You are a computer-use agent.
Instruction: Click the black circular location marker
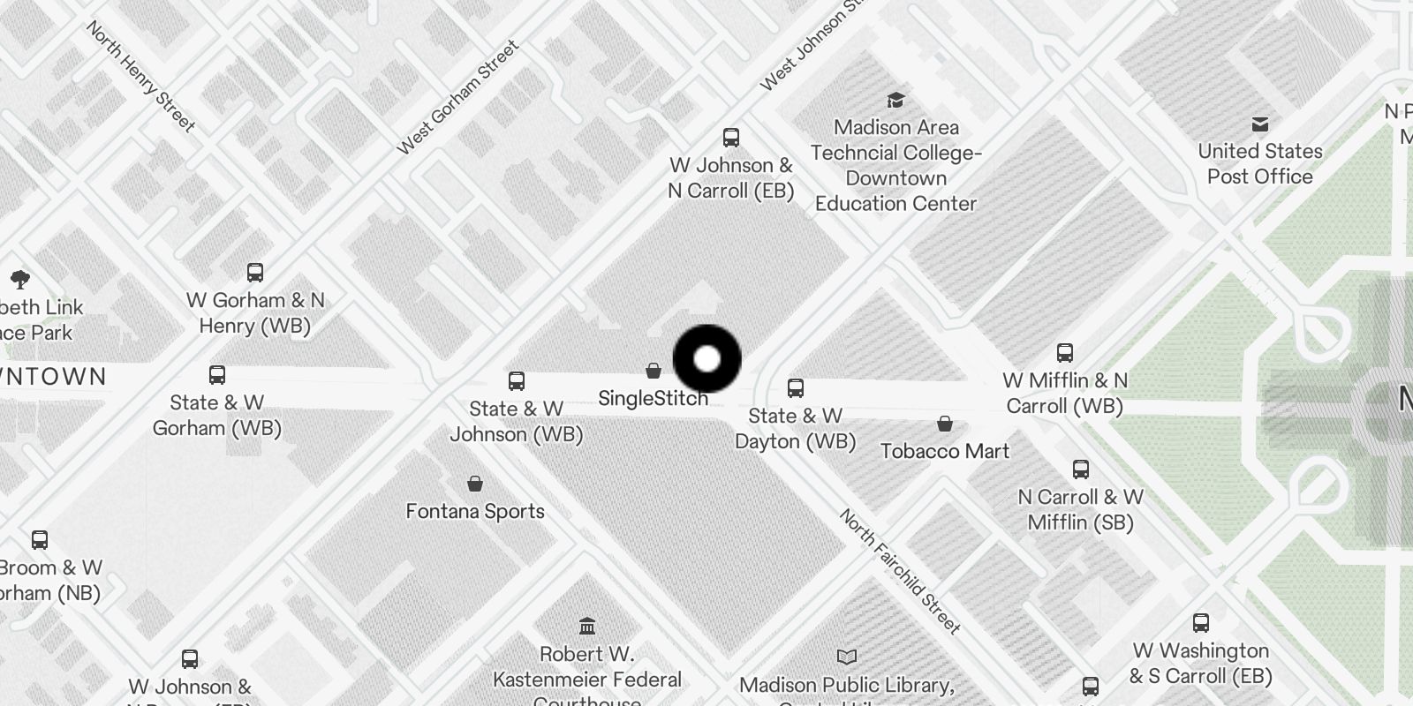[706, 359]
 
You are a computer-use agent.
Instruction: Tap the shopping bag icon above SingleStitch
[654, 371]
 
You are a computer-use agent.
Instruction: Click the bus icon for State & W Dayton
[796, 388]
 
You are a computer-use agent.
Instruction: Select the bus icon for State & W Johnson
[517, 381]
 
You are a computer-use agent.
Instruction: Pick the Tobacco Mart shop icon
[945, 424]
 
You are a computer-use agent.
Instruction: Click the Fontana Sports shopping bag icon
[475, 484]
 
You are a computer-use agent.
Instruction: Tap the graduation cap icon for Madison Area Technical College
[895, 100]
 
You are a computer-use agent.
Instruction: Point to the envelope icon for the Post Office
[1260, 124]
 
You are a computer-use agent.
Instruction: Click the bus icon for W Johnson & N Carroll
[731, 138]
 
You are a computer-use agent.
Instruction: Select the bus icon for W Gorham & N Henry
[255, 272]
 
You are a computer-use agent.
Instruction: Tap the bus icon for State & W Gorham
[217, 375]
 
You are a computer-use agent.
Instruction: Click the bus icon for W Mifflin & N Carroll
[1065, 353]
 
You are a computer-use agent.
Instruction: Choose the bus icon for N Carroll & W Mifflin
[1081, 469]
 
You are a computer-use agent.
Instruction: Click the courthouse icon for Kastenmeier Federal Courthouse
[587, 627]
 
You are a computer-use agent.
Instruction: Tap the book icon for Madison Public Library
[847, 657]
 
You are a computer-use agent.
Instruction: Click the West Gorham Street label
[457, 97]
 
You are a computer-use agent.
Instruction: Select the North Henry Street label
[140, 76]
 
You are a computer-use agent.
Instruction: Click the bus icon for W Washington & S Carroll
[1201, 623]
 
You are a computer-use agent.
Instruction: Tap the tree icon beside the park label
[20, 281]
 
